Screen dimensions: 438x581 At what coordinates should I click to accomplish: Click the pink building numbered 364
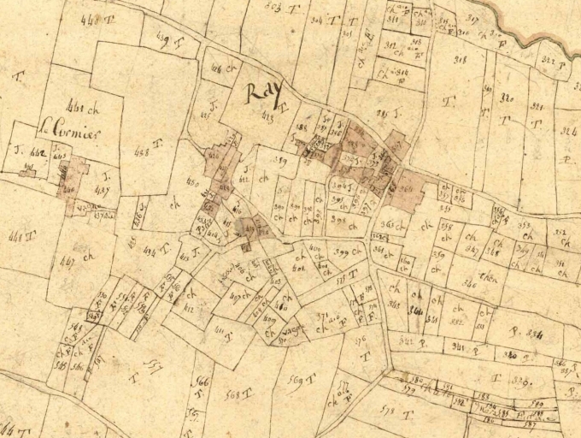[x=405, y=190]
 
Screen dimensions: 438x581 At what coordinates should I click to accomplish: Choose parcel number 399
[x=345, y=252]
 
